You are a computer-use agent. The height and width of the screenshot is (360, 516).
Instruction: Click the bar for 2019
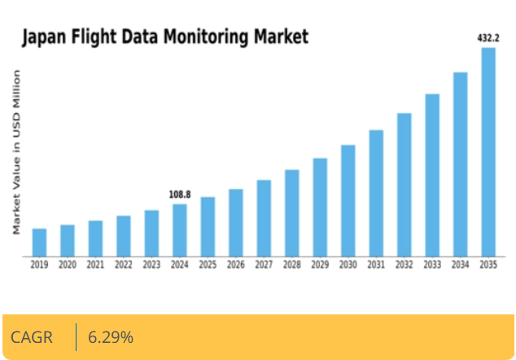click(39, 242)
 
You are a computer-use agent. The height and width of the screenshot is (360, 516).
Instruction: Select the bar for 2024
click(180, 230)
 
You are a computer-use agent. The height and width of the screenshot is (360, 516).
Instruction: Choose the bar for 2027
click(264, 217)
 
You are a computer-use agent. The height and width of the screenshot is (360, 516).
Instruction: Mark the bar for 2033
click(432, 175)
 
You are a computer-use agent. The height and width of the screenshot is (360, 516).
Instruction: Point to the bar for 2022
click(124, 235)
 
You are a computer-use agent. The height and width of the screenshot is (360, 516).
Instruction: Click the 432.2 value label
click(488, 37)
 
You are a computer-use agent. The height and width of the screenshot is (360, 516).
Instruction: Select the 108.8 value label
click(180, 195)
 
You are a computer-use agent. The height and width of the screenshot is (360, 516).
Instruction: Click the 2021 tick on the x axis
click(95, 265)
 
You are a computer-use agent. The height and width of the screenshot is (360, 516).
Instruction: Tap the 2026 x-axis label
click(236, 265)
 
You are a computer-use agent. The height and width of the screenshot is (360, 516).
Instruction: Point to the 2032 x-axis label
click(404, 265)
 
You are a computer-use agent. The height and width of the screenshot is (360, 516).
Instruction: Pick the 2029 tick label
click(320, 265)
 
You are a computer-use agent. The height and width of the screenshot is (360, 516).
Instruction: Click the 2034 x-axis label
click(461, 265)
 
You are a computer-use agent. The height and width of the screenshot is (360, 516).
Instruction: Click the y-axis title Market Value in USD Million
click(16, 153)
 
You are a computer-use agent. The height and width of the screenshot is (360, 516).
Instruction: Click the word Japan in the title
click(43, 37)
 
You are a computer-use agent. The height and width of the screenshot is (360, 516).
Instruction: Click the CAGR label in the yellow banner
click(32, 337)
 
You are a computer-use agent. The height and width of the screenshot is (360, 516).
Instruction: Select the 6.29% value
click(111, 337)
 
